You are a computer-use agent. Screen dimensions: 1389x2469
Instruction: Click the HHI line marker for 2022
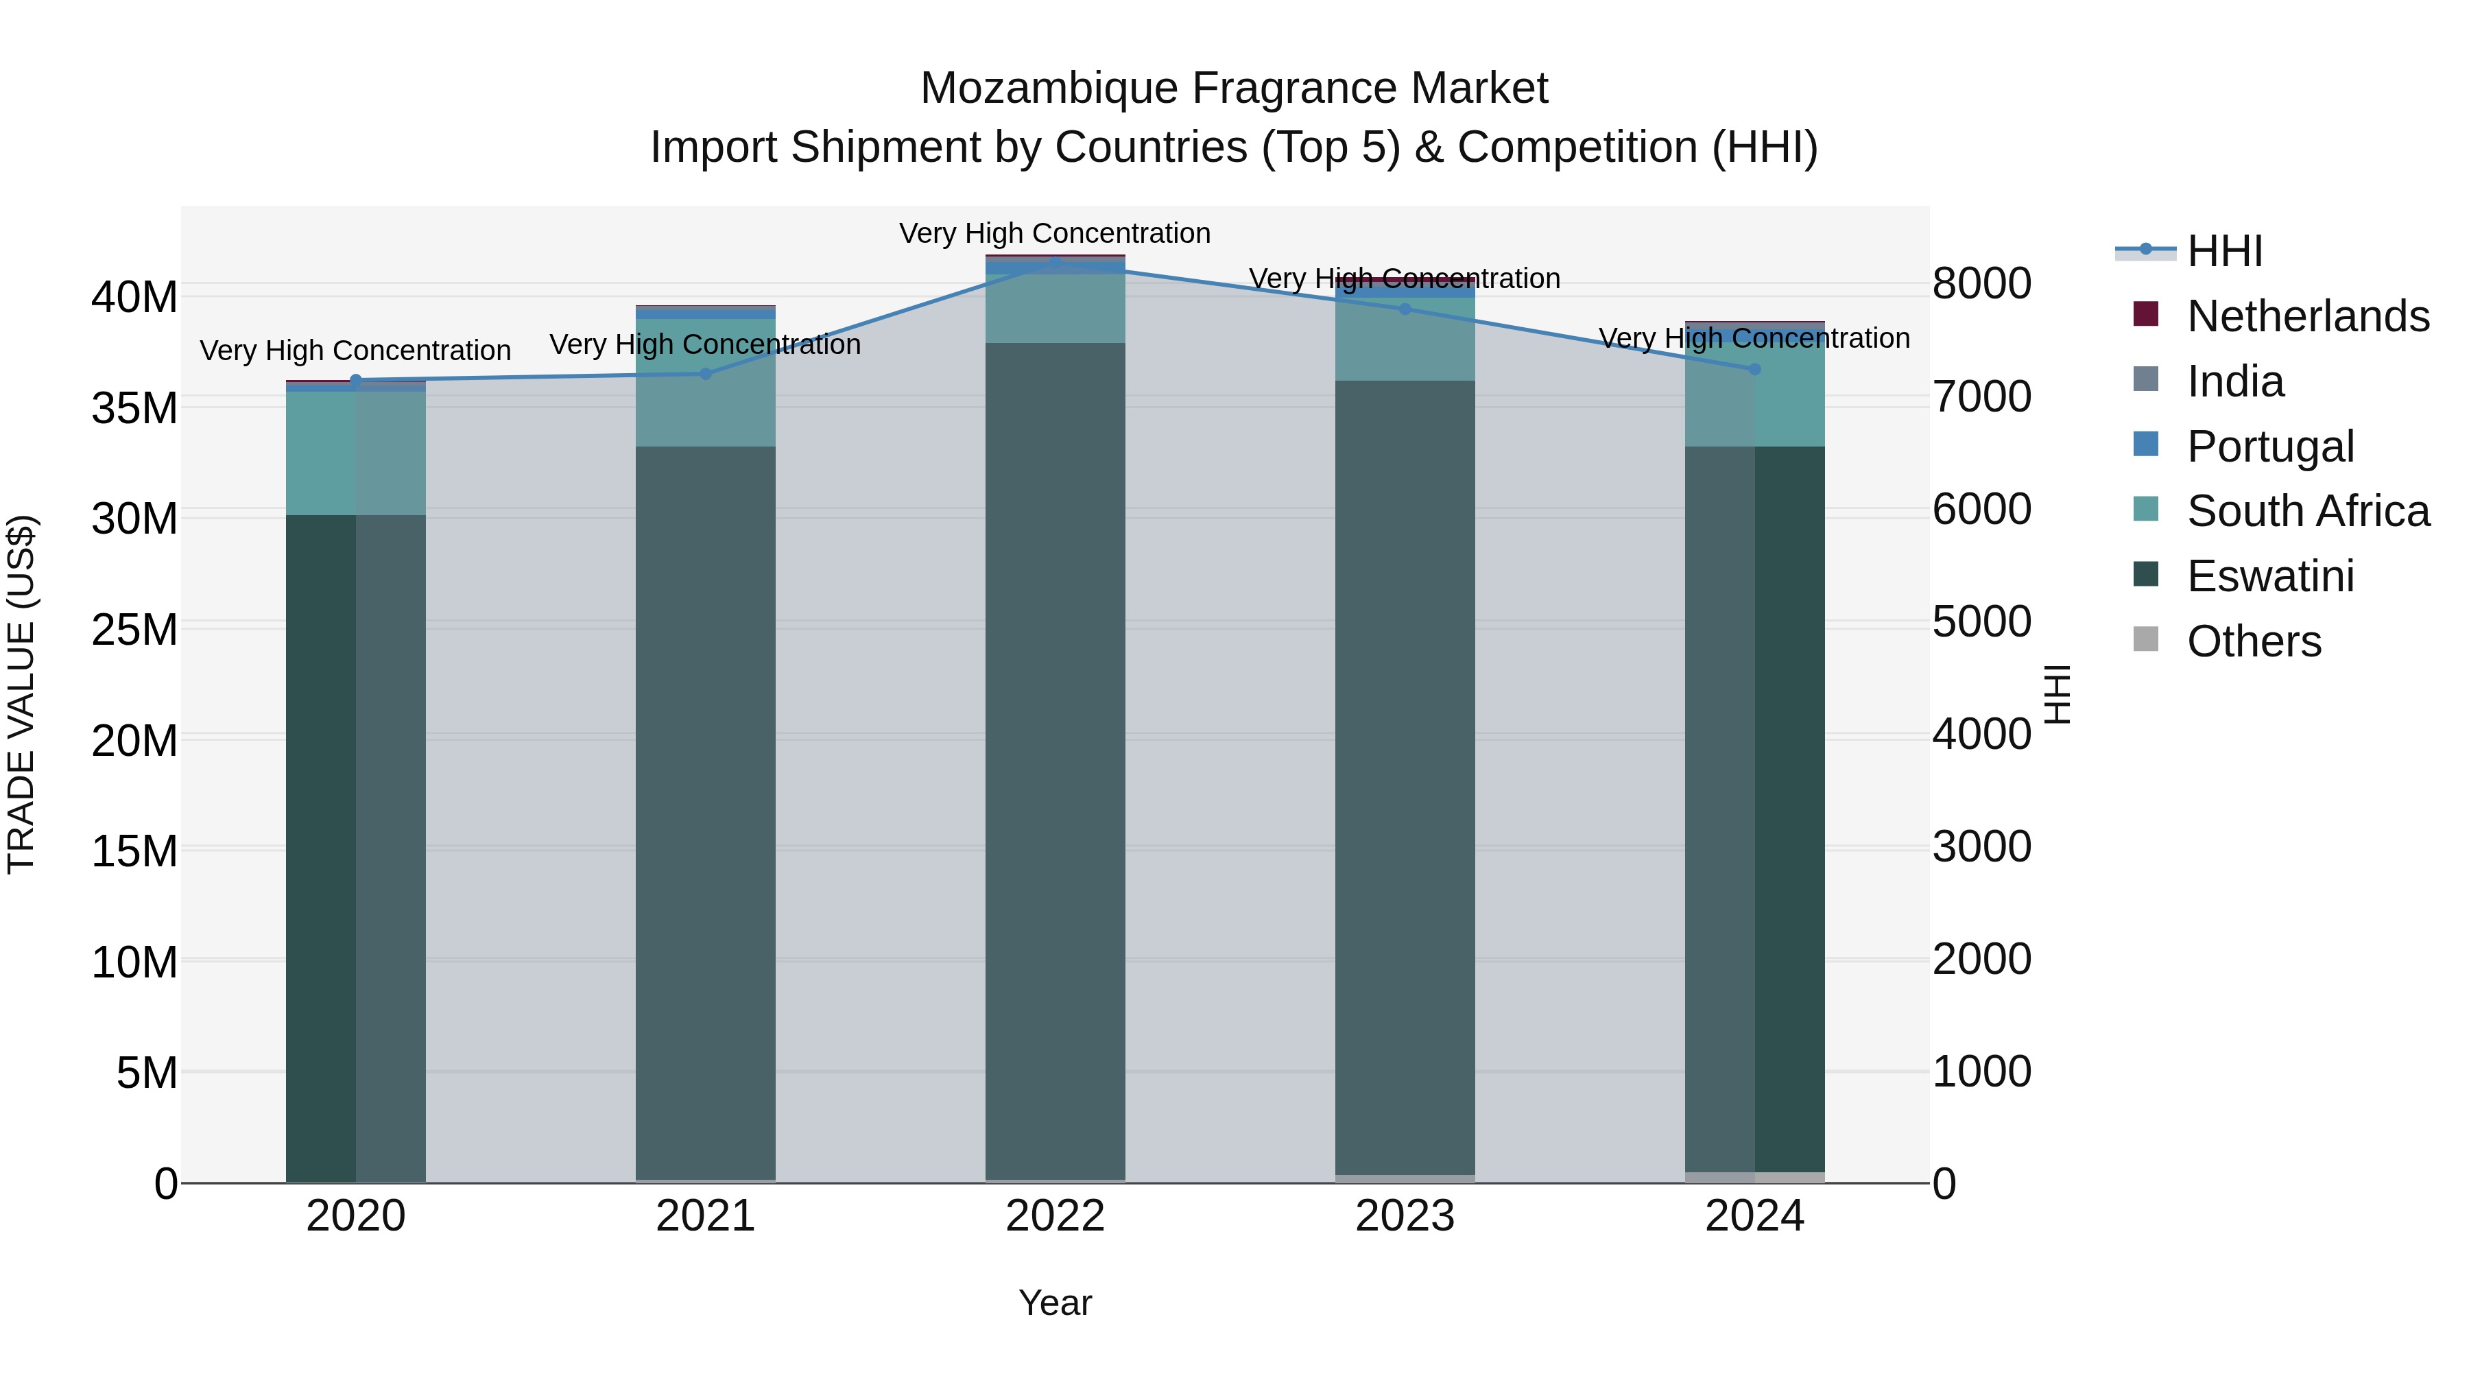[x=1055, y=262]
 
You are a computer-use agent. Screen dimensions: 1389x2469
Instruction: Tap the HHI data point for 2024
[x=1755, y=369]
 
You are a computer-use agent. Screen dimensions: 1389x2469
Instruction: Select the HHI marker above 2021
[x=706, y=374]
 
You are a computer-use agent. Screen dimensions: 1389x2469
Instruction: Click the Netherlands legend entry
[x=2307, y=316]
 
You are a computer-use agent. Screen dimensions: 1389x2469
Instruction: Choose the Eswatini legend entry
[x=2269, y=576]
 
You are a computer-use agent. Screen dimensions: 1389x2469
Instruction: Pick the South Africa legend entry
[x=2307, y=511]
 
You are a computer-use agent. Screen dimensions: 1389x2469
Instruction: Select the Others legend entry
[x=2254, y=641]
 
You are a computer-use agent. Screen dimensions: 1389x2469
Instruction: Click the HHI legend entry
[x=2223, y=251]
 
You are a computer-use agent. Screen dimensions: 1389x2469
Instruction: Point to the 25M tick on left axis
[x=134, y=630]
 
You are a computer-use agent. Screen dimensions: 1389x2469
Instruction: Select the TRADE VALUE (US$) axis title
[x=21, y=694]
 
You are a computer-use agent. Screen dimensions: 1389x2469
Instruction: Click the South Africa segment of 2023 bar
[x=1405, y=340]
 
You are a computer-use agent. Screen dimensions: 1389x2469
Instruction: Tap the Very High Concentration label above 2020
[x=355, y=351]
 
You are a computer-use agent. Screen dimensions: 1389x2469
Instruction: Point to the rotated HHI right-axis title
[x=2057, y=694]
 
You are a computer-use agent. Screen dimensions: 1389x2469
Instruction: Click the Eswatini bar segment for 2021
[x=706, y=815]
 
